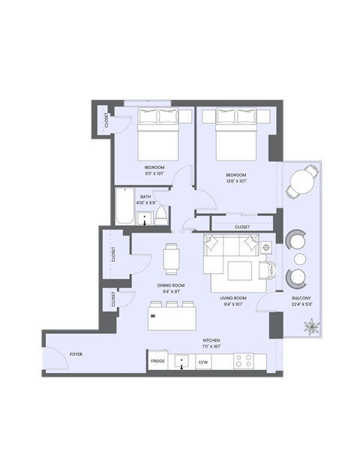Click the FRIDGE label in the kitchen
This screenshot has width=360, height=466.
tap(157, 362)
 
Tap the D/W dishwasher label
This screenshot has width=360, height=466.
tap(202, 362)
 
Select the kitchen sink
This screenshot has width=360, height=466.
tap(181, 362)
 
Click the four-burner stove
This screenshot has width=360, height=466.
tap(243, 361)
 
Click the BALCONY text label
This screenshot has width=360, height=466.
tap(301, 298)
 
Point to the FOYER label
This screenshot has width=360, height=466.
tap(76, 353)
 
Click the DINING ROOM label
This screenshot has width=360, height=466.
tap(171, 285)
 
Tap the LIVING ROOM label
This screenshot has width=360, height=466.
tap(234, 298)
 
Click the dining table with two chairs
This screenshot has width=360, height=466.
tap(172, 258)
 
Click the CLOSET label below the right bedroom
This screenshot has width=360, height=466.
tap(242, 227)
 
